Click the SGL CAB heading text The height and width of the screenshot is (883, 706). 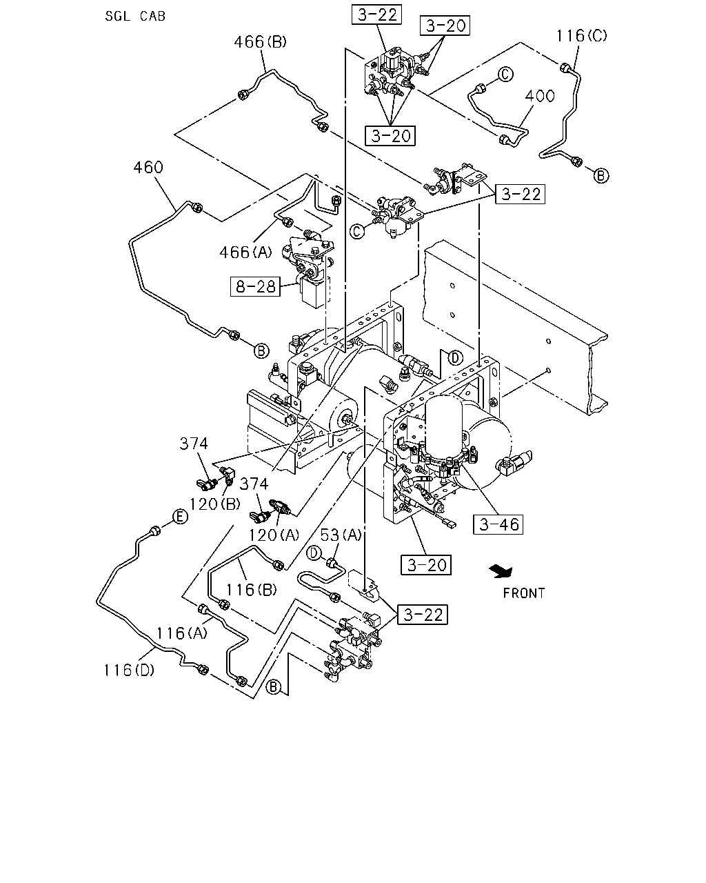point(135,16)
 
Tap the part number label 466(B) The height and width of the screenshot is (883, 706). point(260,42)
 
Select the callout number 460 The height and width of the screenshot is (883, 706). point(148,168)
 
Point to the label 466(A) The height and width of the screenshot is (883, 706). point(245,252)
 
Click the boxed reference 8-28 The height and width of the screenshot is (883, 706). point(255,286)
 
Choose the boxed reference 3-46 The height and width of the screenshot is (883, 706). point(498,524)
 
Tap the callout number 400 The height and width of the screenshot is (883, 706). point(540,96)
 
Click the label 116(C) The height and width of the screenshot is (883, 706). point(581,36)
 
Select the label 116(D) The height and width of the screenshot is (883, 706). point(129,671)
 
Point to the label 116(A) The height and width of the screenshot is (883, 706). point(182,633)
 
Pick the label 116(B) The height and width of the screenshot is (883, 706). point(252,590)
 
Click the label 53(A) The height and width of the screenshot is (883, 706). point(341,535)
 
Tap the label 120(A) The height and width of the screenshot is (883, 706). point(274,535)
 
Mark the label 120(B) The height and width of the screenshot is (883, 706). point(214,504)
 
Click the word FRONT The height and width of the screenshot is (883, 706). point(524,593)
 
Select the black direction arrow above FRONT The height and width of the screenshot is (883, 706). point(501,571)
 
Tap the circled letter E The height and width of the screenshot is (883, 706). point(180,517)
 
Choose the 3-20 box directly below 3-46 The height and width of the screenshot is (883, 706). point(426,565)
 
